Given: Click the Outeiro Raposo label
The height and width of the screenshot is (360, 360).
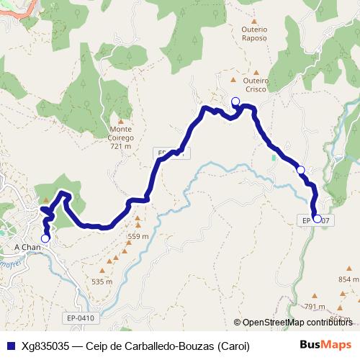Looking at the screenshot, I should [x=254, y=33].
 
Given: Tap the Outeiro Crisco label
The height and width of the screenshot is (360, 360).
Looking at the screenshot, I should [x=256, y=85].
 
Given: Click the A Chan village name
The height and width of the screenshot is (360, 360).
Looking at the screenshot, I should [x=27, y=247].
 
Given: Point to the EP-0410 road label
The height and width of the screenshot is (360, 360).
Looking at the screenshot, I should [x=81, y=317].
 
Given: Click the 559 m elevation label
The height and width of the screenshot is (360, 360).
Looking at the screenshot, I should [x=138, y=235].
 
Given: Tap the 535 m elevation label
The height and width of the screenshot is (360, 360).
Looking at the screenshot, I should [x=102, y=282].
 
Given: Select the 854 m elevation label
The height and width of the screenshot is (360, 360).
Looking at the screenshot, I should [x=348, y=279].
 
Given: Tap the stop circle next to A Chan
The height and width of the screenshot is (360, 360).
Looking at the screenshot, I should [x=45, y=238].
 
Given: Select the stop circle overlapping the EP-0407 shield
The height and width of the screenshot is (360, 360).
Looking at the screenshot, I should [x=318, y=218].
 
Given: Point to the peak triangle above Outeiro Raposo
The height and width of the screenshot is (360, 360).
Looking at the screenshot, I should [x=254, y=18].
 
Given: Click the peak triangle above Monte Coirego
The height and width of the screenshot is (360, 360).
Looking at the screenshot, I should [x=121, y=122].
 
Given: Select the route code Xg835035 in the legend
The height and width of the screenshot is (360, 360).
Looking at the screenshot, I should [x=45, y=346].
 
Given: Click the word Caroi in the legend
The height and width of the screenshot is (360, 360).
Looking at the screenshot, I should [x=233, y=346].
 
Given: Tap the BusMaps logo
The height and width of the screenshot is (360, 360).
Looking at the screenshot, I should [x=325, y=345].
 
